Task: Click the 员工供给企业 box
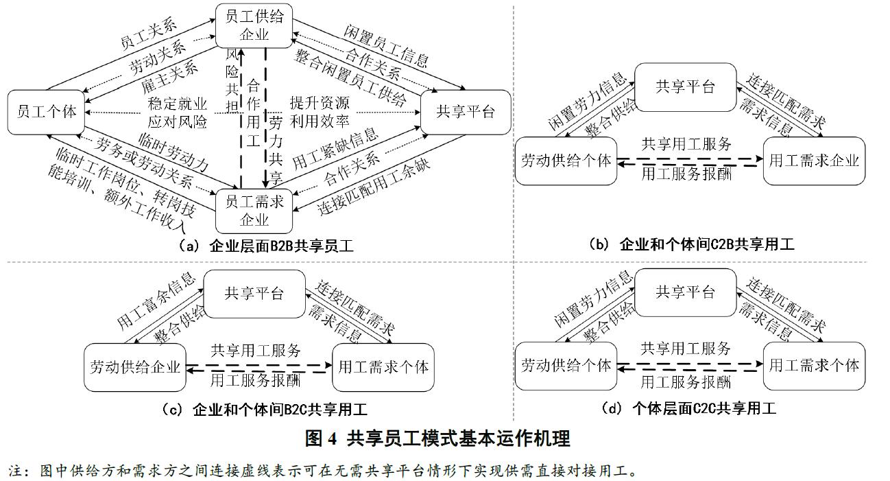pos(254,25)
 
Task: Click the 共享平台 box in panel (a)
pos(466,112)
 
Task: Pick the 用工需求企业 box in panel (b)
pos(813,161)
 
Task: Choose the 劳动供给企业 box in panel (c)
pos(135,367)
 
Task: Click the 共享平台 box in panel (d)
pos(685,292)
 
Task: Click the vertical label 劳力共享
pos(276,148)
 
